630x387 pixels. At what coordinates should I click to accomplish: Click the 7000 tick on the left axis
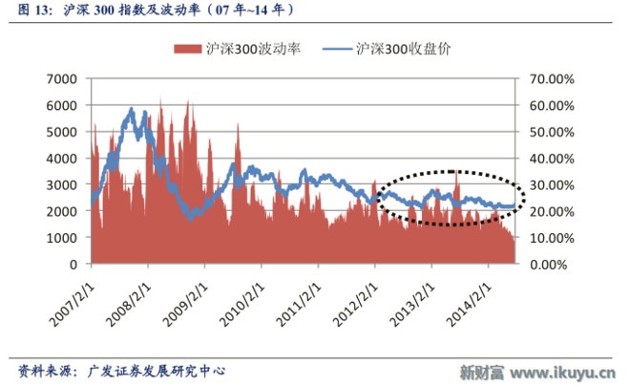(x=61, y=79)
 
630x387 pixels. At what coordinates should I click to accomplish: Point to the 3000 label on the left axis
(x=61, y=184)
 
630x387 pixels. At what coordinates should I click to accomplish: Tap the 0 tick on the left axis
(x=73, y=265)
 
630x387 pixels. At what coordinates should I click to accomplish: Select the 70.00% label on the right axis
(x=552, y=79)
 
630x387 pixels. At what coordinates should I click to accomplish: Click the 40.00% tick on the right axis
(x=552, y=159)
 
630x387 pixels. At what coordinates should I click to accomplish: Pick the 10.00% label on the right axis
(x=552, y=238)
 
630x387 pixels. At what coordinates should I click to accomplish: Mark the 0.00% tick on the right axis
(x=549, y=265)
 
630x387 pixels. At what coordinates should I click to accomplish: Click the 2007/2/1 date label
(x=73, y=304)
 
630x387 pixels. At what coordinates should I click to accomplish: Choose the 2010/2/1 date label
(x=242, y=304)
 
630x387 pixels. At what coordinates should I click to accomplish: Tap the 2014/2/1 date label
(x=470, y=304)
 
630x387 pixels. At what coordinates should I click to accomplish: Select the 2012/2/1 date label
(x=356, y=304)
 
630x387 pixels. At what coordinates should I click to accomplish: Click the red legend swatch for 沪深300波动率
(x=187, y=49)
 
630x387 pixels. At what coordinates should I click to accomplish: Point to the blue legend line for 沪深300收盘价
(x=337, y=49)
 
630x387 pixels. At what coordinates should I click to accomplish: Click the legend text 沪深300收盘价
(x=404, y=49)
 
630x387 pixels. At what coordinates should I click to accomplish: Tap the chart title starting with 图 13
(x=156, y=10)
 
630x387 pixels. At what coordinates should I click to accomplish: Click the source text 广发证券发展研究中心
(x=157, y=371)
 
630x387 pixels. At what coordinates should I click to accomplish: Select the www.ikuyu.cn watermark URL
(x=562, y=373)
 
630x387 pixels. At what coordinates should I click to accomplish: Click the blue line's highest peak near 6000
(x=131, y=109)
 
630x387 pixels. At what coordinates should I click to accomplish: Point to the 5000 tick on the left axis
(x=61, y=132)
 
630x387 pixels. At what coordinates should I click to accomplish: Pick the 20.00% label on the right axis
(x=552, y=211)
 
